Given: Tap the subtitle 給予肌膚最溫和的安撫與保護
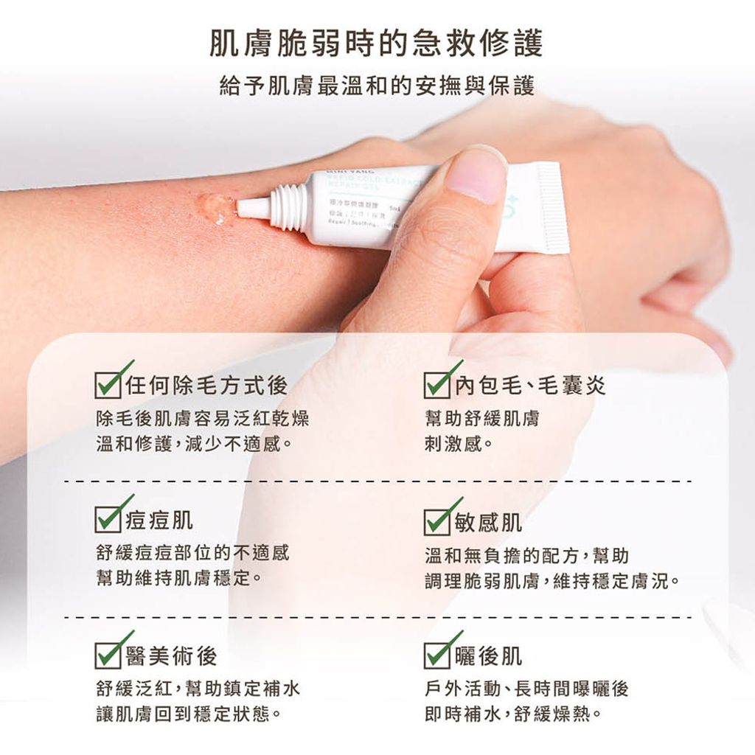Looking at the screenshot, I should (377, 86).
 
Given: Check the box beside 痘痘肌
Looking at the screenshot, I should (110, 520).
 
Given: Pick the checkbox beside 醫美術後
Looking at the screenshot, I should (110, 655).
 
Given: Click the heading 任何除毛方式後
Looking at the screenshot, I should (206, 385).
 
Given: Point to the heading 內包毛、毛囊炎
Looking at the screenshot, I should (530, 385).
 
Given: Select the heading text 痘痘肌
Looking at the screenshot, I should (160, 520).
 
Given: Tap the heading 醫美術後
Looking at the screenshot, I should (172, 655).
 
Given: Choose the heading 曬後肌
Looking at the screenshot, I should (489, 655).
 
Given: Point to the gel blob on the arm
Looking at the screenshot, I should (216, 209).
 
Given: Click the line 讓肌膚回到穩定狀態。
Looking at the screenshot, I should (190, 714).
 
